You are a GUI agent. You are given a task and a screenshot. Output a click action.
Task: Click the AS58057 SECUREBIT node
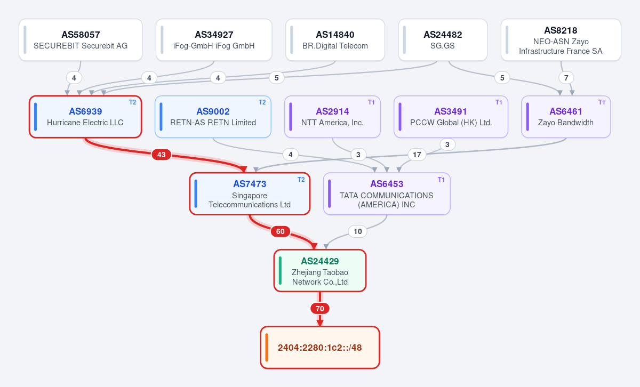tap(81, 39)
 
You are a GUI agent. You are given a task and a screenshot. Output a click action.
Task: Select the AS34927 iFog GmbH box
tap(214, 39)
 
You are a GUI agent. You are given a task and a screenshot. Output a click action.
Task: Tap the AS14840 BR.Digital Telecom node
tap(335, 39)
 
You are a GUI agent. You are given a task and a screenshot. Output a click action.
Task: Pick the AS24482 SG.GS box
tap(443, 39)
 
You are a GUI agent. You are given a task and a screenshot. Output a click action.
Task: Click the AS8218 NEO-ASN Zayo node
tap(561, 39)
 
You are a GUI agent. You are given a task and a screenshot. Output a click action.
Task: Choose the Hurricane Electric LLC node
tap(85, 117)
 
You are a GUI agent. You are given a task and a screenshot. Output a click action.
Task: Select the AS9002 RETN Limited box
tap(213, 117)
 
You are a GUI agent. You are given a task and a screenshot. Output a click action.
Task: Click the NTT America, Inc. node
tap(332, 117)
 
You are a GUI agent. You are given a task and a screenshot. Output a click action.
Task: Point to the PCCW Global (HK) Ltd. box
tap(451, 117)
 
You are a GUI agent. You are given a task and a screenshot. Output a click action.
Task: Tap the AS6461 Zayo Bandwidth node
tap(566, 117)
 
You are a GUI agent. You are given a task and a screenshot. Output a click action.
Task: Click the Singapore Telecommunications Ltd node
tap(250, 193)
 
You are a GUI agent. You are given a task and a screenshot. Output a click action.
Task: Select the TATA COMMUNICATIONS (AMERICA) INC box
tap(387, 193)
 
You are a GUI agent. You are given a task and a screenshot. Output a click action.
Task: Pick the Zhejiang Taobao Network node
tap(319, 270)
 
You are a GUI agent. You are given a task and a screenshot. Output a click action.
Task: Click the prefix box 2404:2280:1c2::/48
tap(319, 348)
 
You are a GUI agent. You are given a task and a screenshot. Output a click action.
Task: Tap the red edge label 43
tap(162, 155)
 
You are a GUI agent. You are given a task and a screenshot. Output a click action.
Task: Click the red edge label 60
tap(281, 231)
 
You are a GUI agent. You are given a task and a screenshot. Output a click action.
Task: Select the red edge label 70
tap(319, 309)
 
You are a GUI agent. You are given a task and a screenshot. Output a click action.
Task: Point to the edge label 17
tap(417, 155)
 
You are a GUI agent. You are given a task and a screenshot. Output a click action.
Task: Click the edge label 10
tap(358, 231)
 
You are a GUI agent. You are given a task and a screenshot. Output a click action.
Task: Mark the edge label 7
tap(566, 78)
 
